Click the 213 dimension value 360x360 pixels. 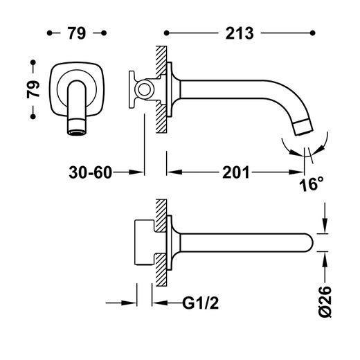click(x=240, y=33)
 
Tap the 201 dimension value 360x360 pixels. click(x=236, y=172)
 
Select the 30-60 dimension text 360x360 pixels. click(x=90, y=172)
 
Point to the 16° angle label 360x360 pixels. click(x=312, y=184)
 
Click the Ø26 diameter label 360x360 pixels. click(x=325, y=302)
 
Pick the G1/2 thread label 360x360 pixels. click(x=200, y=303)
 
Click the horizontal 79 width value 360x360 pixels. click(x=77, y=33)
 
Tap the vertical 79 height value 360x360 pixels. click(x=33, y=89)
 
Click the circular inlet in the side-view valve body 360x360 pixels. click(x=145, y=89)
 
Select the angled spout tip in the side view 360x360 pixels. click(x=304, y=127)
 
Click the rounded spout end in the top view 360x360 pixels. click(x=309, y=242)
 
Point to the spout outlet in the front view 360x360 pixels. click(x=77, y=133)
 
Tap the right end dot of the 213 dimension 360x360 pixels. click(x=313, y=33)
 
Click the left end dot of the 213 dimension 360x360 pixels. click(x=166, y=33)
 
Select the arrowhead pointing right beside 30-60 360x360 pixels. click(x=136, y=172)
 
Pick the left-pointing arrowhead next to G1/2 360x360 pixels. click(x=160, y=303)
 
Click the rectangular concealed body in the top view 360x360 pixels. click(x=144, y=242)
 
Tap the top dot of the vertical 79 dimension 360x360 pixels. click(x=33, y=62)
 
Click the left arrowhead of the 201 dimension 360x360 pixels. click(x=174, y=172)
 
